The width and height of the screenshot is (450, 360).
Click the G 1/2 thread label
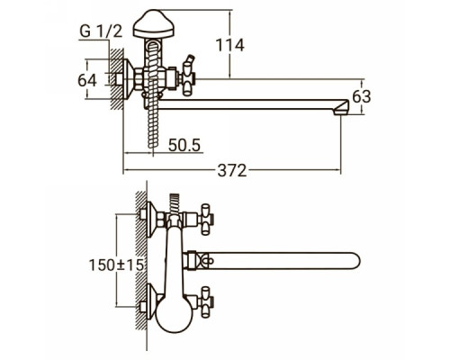point(101,31)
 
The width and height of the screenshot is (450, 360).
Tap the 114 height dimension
point(230,45)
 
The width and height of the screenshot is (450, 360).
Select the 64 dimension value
point(87,80)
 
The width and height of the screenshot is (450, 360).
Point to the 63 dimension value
point(362,96)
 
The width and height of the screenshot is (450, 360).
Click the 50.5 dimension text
point(184,145)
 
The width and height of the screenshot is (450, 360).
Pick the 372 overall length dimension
point(232,171)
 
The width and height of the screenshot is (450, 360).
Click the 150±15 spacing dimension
point(117,265)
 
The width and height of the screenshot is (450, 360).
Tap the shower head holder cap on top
point(153,24)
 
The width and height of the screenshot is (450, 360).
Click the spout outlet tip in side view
point(341,107)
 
